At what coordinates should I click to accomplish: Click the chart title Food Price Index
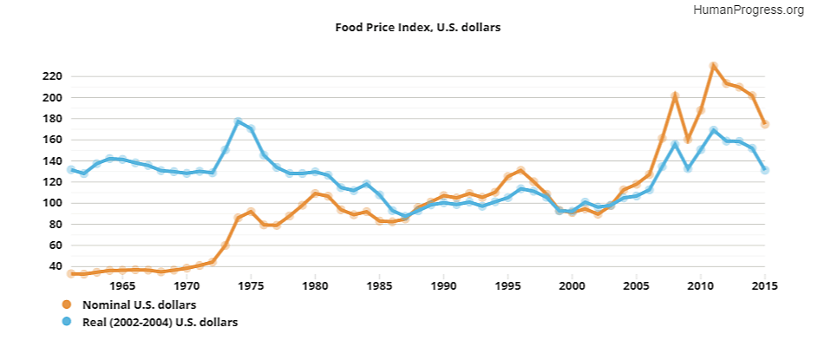418,27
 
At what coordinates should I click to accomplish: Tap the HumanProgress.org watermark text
750,10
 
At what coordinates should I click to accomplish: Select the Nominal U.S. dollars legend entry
138,304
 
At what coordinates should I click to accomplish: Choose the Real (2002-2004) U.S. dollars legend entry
160,322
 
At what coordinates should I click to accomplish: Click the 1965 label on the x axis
122,285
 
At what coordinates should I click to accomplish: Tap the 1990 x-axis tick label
444,285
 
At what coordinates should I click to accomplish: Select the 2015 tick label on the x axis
765,285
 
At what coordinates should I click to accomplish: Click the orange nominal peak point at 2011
713,66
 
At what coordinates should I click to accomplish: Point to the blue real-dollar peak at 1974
238,121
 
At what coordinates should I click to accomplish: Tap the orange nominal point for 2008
675,95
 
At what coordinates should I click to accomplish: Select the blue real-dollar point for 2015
765,170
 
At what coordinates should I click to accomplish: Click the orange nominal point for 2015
765,124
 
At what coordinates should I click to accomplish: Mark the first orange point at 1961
71,273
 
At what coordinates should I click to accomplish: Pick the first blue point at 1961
71,169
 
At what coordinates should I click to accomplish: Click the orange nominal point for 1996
520,171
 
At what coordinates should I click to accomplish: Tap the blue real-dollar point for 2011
713,130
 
